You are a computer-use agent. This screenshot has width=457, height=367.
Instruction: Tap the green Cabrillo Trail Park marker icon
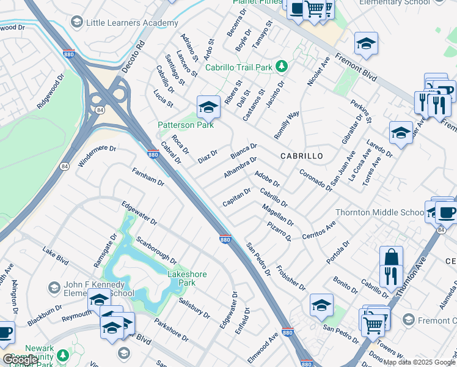(x=282, y=65)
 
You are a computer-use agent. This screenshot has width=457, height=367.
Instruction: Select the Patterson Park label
(x=186, y=125)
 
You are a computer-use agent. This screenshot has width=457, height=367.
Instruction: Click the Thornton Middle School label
(x=379, y=213)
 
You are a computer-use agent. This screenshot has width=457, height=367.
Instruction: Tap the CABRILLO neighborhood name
(x=301, y=157)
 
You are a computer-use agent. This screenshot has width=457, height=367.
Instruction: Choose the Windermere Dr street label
(x=97, y=156)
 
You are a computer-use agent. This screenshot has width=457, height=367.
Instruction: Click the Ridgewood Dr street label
(x=50, y=92)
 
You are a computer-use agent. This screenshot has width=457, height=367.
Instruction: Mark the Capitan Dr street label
(x=236, y=197)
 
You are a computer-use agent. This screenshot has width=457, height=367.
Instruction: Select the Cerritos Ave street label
(x=319, y=231)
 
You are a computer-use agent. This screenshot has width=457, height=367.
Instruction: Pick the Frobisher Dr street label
(x=291, y=277)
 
